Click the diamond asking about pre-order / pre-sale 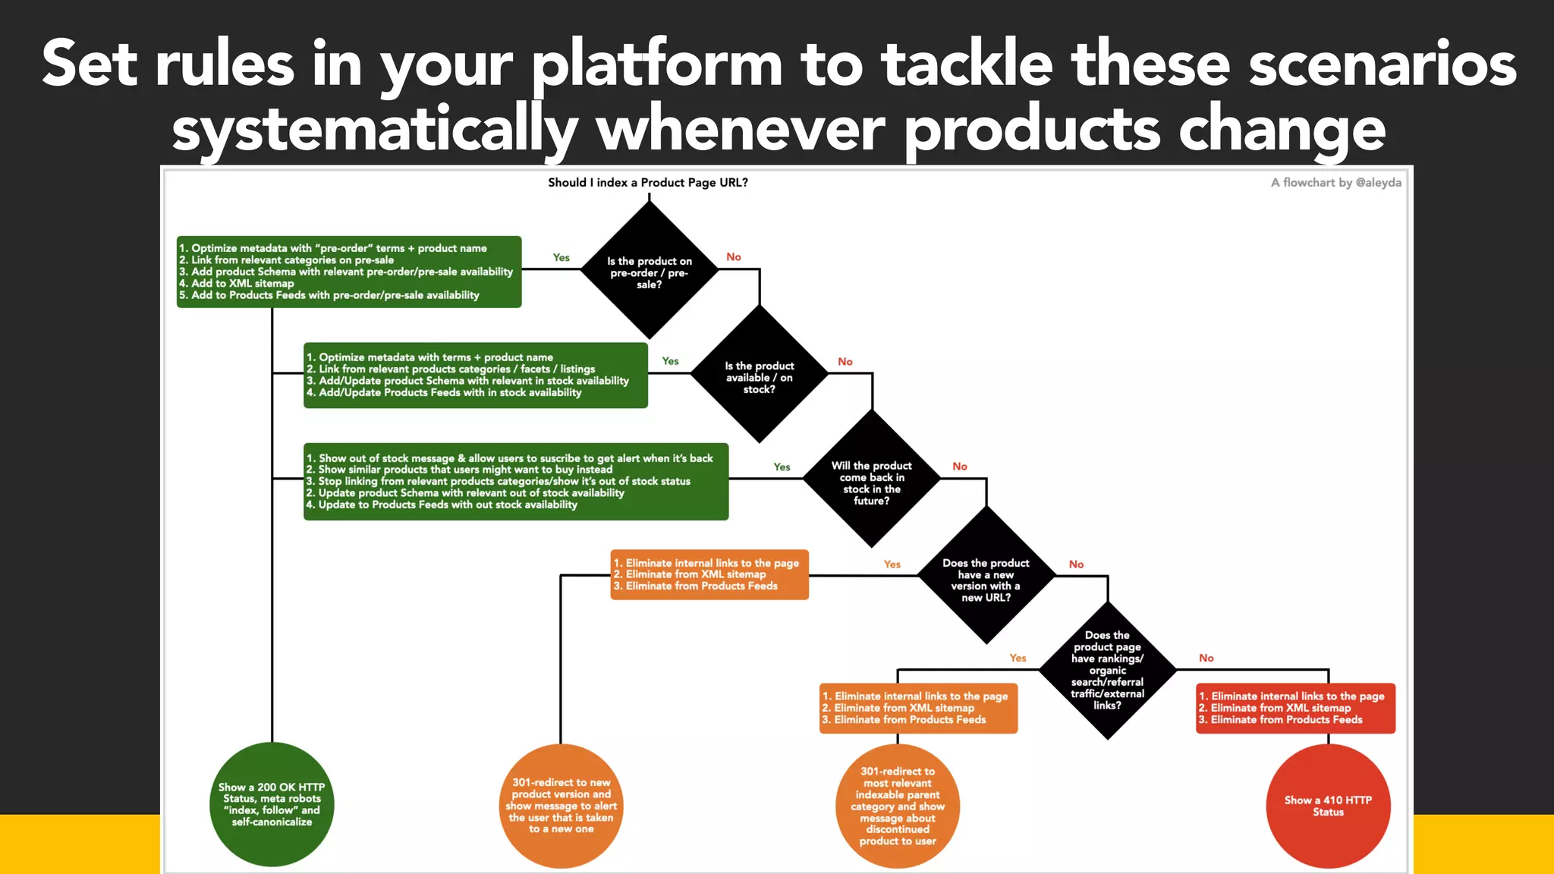[x=649, y=272]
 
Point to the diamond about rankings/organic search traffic [x=1107, y=670]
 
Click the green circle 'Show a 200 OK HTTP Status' [x=272, y=804]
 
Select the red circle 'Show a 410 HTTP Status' [x=1328, y=806]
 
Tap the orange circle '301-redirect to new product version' [x=561, y=806]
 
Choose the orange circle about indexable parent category [x=897, y=806]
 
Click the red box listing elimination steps [x=1295, y=708]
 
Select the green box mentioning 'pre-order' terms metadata [x=348, y=272]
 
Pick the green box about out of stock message [x=515, y=481]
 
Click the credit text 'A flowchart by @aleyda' [x=1335, y=183]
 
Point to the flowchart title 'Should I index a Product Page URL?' [x=648, y=183]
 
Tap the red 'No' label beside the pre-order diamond [x=733, y=257]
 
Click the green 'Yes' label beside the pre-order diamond [x=561, y=258]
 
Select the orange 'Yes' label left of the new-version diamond [x=892, y=564]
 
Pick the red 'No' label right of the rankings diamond [x=1206, y=659]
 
